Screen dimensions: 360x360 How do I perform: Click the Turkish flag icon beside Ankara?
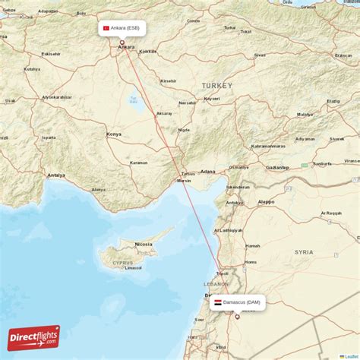(106, 28)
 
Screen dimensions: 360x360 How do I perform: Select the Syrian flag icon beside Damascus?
(218, 302)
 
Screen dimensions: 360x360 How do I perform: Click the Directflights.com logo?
(33, 337)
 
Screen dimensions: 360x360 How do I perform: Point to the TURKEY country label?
(217, 85)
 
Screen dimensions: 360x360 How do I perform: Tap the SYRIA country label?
(304, 251)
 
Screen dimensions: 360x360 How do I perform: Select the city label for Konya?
(114, 134)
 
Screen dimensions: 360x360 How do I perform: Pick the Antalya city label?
(56, 175)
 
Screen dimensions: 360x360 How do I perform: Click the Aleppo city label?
(266, 201)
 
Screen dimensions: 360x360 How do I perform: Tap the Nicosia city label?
(143, 244)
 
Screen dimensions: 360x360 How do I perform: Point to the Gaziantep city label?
(278, 167)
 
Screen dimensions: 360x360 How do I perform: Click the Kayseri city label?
(211, 98)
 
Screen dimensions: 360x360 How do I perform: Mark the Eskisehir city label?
(52, 55)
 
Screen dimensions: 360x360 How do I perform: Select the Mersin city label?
(184, 181)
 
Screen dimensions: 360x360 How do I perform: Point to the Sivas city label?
(260, 55)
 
